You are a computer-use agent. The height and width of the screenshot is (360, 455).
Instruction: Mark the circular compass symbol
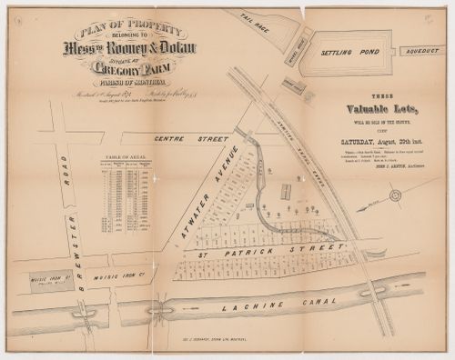tap(395, 195)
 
